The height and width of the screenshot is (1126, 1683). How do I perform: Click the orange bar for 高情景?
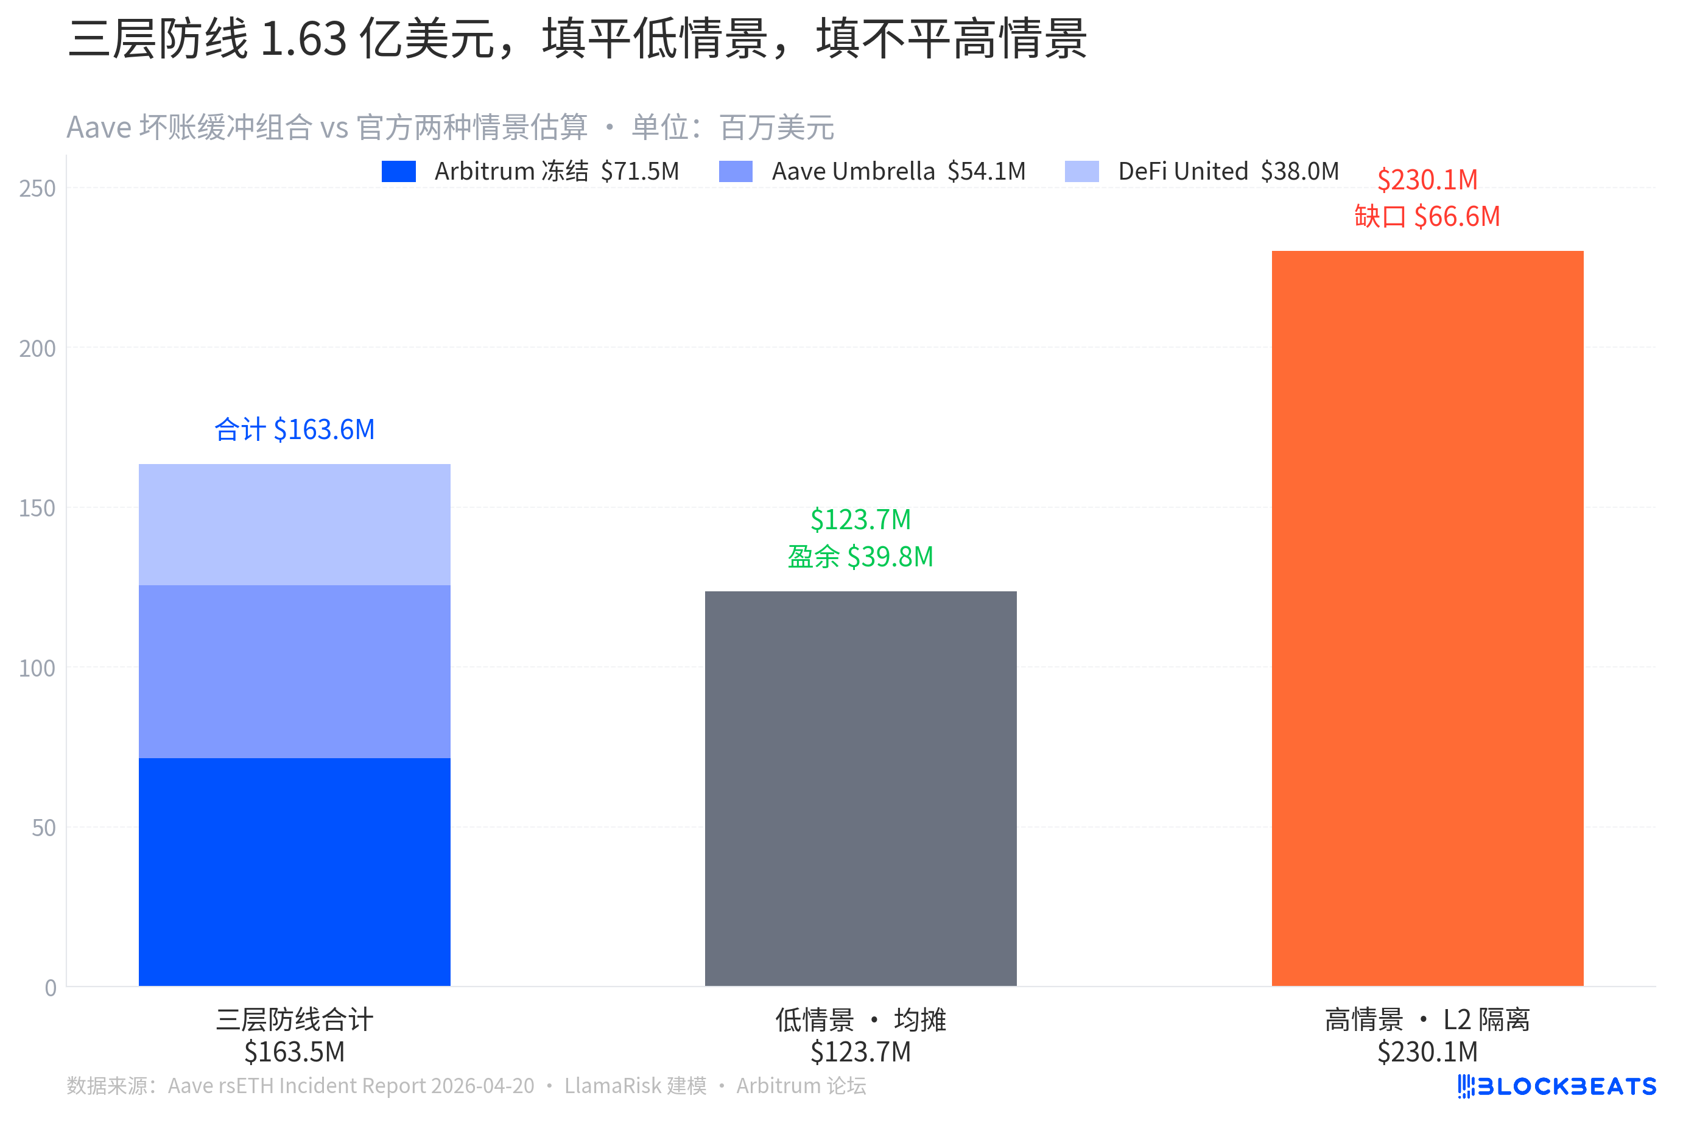[x=1427, y=618]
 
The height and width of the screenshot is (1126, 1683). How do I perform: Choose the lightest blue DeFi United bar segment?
[x=294, y=524]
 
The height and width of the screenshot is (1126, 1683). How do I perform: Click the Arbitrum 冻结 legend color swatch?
[x=398, y=172]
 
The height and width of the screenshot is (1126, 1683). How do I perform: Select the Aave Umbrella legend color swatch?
[x=735, y=172]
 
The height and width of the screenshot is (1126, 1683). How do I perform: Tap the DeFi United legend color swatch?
[x=1081, y=172]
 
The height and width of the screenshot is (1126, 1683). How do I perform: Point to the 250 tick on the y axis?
[x=37, y=189]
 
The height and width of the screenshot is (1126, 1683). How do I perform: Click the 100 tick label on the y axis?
[x=37, y=669]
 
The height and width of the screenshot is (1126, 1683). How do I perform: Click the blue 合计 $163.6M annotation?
[x=294, y=429]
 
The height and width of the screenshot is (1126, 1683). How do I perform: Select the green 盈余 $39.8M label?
[x=860, y=557]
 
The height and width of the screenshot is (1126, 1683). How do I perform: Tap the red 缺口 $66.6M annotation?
[x=1427, y=216]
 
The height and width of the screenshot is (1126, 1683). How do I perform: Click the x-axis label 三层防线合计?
[x=294, y=1019]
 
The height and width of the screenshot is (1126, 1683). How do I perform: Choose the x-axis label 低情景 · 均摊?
[x=860, y=1019]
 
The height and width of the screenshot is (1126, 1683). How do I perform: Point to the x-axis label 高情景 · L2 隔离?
[x=1427, y=1019]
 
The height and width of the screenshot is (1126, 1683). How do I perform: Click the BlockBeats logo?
[x=1556, y=1086]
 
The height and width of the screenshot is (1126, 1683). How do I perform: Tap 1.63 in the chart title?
[x=303, y=39]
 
